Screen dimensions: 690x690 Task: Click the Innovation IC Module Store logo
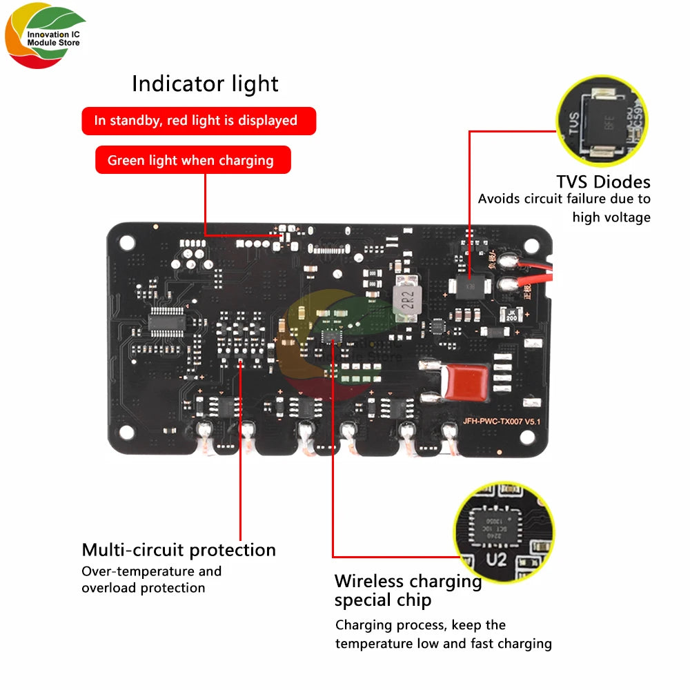(45, 38)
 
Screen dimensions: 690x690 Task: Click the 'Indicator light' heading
(205, 84)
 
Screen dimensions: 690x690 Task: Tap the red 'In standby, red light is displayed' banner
(199, 121)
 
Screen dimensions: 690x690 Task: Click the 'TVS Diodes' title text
(603, 182)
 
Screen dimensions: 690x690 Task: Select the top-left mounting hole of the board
(126, 242)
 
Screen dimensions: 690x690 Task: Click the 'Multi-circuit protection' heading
(179, 550)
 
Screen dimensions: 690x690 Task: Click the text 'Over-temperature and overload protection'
(151, 580)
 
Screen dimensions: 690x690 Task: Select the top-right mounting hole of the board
(532, 244)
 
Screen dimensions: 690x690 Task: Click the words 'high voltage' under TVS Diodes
(611, 217)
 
